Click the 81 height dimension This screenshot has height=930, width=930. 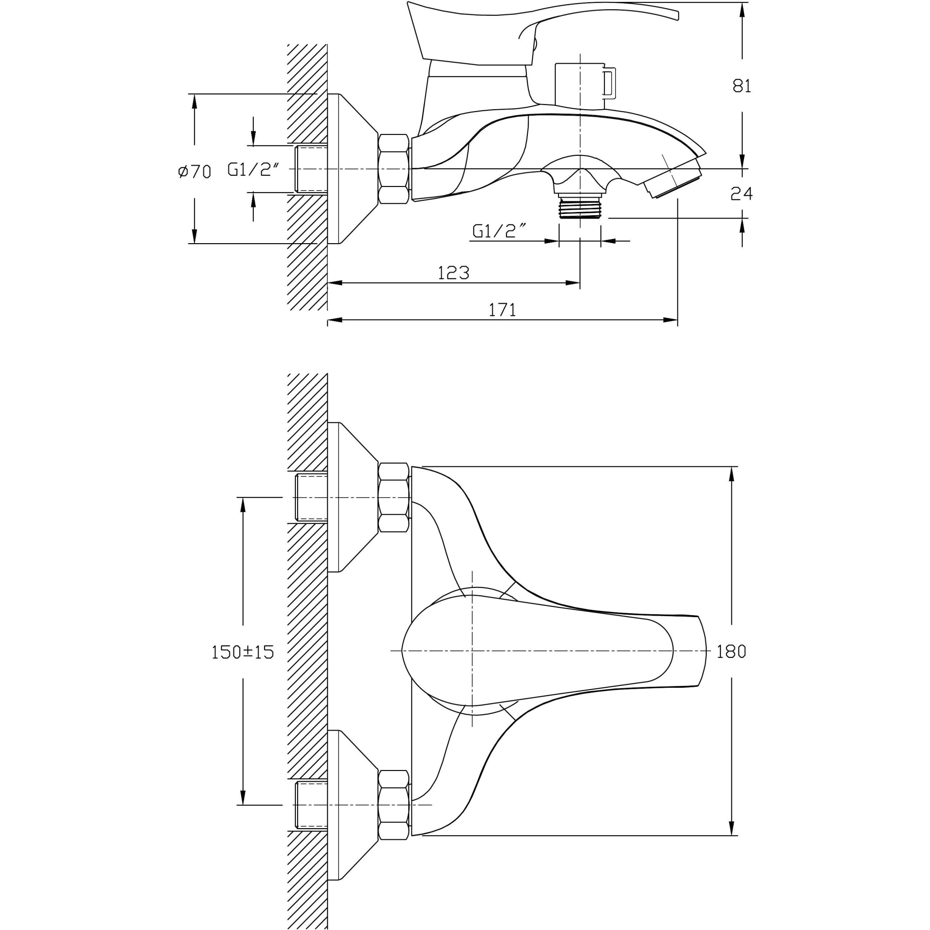point(741,86)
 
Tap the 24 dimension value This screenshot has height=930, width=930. point(741,193)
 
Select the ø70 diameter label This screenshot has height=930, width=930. point(194,172)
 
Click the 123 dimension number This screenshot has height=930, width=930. point(453,273)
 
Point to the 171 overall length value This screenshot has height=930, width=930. point(502,311)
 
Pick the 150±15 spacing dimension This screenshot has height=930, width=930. point(243,652)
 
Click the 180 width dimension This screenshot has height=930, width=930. point(731,652)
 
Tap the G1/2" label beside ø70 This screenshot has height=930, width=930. point(254,169)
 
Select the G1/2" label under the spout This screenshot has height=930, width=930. point(498,231)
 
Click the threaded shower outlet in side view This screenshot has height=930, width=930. point(579,206)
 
